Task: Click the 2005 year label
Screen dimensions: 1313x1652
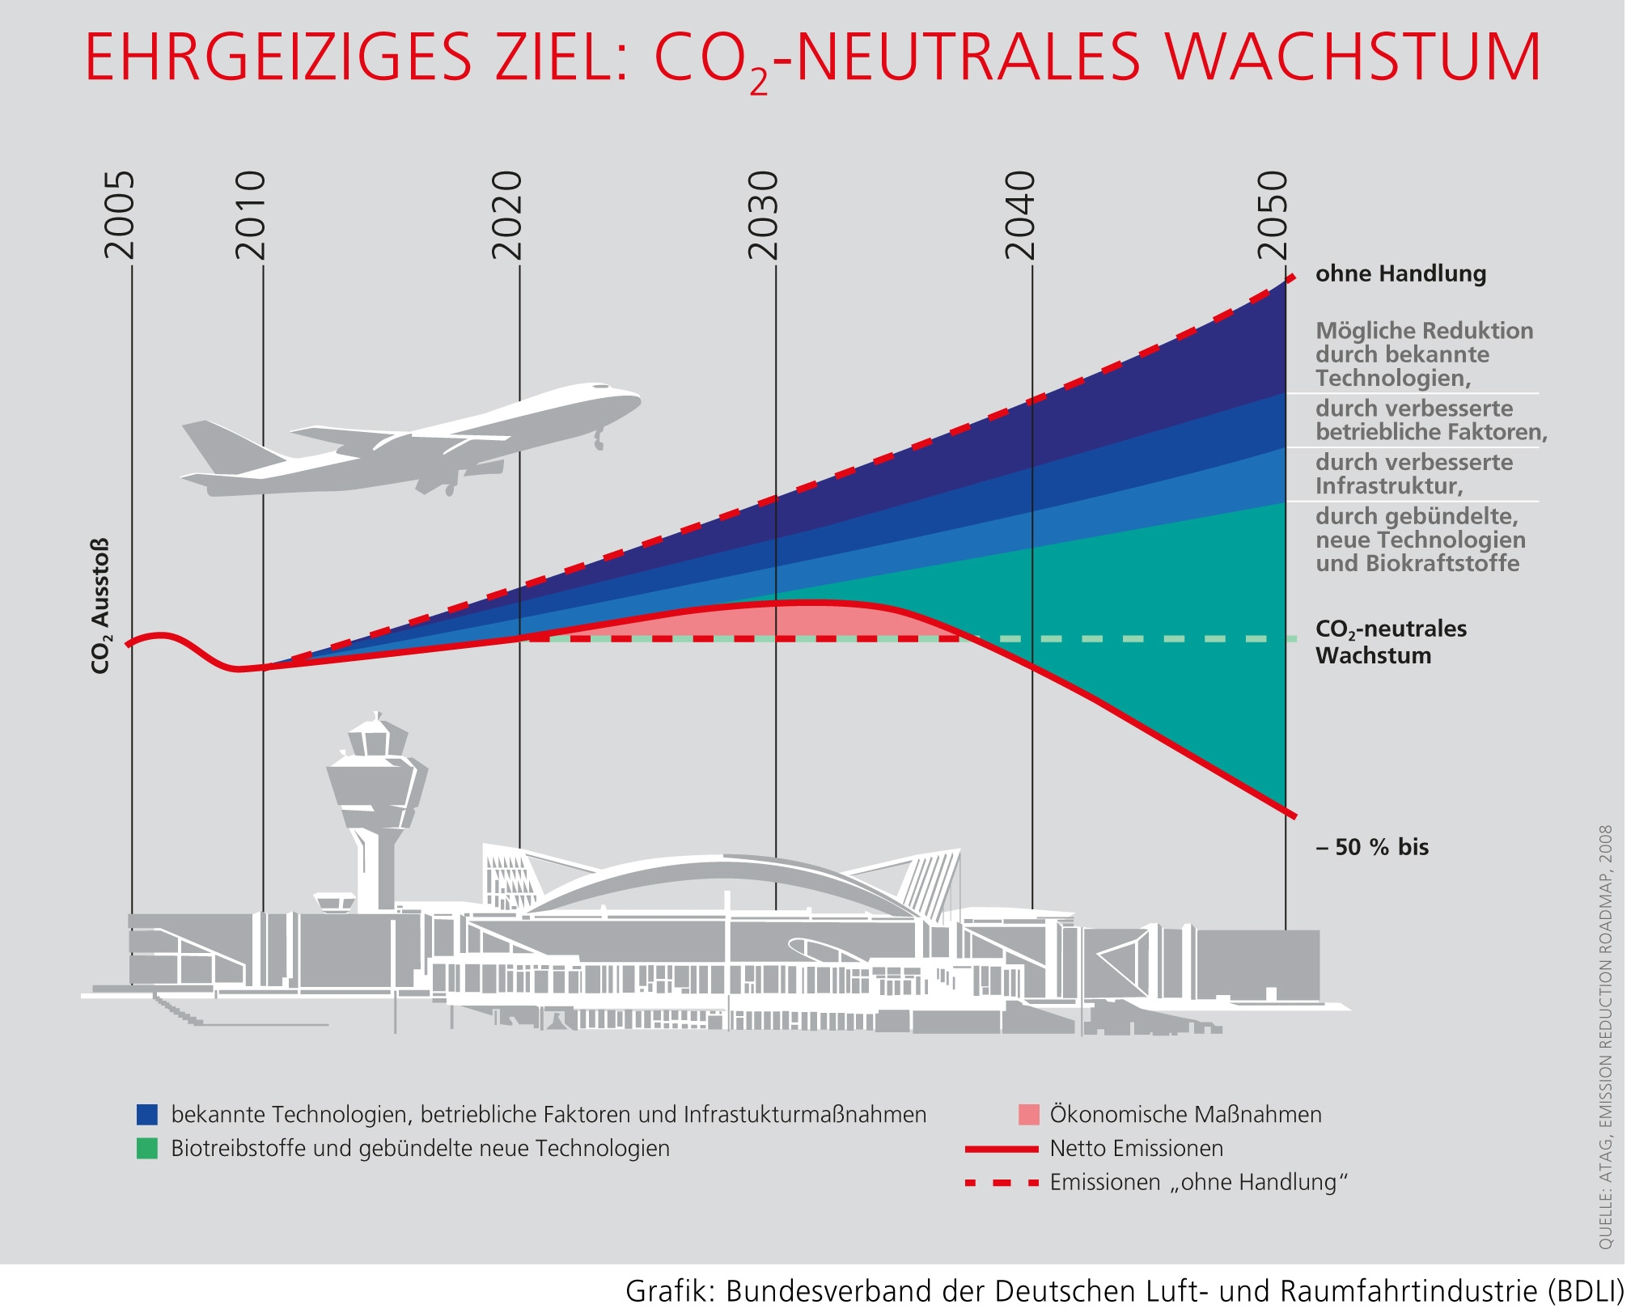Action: (x=120, y=214)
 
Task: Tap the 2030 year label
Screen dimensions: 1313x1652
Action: (x=763, y=214)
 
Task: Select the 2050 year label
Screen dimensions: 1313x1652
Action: (x=1273, y=214)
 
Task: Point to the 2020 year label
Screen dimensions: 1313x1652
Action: (x=507, y=214)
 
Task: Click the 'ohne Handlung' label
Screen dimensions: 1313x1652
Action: (x=1400, y=274)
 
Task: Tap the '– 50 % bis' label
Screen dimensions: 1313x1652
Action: (x=1372, y=847)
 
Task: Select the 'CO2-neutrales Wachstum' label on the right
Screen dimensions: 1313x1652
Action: (x=1391, y=642)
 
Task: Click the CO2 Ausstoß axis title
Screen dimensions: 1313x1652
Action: (x=100, y=606)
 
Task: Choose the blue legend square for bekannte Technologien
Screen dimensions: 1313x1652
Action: (x=147, y=1115)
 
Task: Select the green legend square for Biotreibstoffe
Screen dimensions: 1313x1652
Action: (x=147, y=1149)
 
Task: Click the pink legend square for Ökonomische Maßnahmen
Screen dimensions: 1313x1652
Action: (x=1028, y=1115)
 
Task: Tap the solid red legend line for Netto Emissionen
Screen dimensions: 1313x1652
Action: (x=1002, y=1149)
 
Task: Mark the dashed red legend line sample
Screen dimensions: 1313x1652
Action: (x=1002, y=1183)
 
